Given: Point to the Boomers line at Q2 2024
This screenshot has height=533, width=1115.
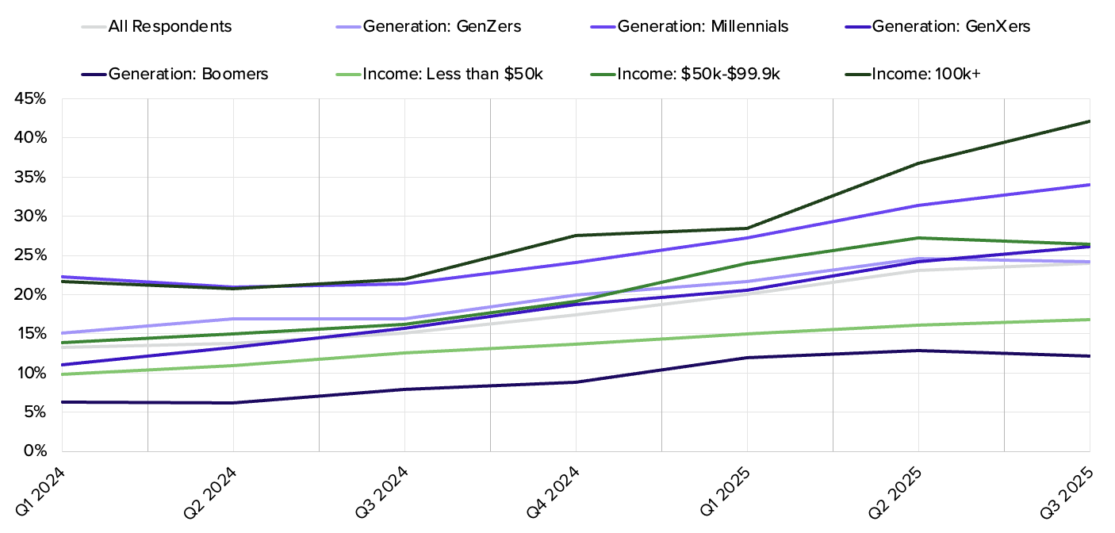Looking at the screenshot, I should tap(233, 403).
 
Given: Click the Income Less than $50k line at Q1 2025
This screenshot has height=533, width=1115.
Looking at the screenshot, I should tap(747, 334).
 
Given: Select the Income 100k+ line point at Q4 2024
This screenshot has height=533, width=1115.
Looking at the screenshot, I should tap(576, 236).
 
